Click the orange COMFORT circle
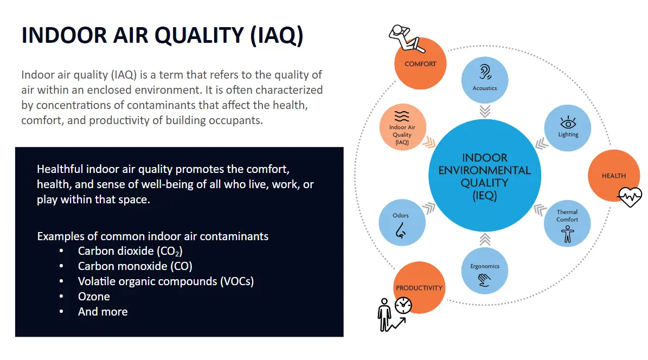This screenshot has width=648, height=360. (x=420, y=64)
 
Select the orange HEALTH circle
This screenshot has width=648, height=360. (x=613, y=176)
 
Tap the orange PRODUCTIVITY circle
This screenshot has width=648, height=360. (x=419, y=288)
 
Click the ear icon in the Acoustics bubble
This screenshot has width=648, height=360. (x=484, y=73)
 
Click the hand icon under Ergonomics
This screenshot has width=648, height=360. (x=484, y=280)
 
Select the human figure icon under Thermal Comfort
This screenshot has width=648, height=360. (x=568, y=234)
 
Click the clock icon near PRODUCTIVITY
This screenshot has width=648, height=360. (x=403, y=306)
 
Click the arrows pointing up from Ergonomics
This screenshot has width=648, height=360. (x=485, y=239)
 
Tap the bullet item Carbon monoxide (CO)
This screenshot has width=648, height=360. (x=135, y=266)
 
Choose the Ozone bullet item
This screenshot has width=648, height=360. (x=94, y=297)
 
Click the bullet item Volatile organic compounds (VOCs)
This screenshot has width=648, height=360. (x=165, y=281)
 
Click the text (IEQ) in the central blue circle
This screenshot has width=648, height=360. (x=484, y=195)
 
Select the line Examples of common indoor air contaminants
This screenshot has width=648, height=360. (x=152, y=236)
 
